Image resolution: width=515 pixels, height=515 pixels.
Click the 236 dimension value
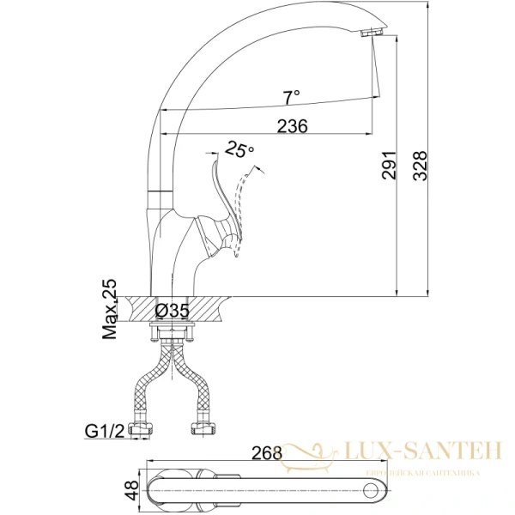click(x=293, y=126)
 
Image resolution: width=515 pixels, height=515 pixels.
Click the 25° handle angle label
click(x=239, y=150)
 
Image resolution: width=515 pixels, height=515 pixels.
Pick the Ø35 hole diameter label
click(x=172, y=311)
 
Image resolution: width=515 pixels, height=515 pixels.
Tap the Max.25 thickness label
click(x=110, y=309)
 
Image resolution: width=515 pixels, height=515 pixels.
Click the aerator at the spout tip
click(x=372, y=33)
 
